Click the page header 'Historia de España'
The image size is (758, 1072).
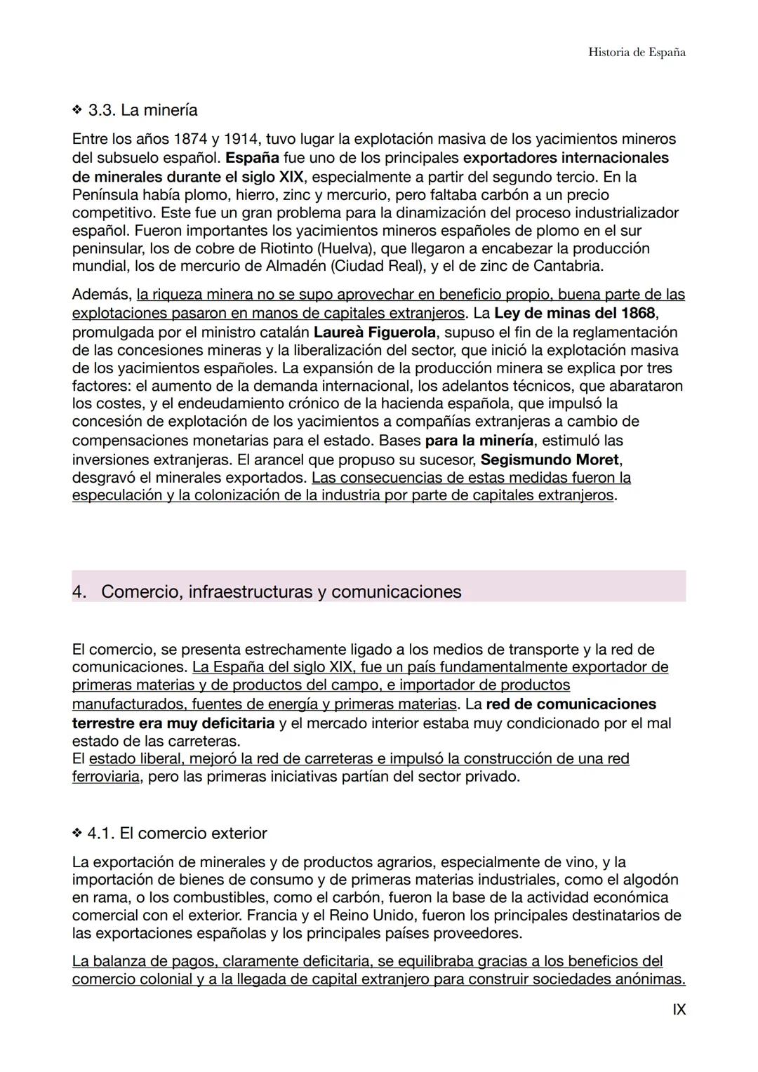point(637,53)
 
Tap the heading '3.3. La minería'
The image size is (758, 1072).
point(142,110)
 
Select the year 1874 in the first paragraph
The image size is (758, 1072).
point(189,139)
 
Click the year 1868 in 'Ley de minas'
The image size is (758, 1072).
point(637,313)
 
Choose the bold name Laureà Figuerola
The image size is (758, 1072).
point(375,332)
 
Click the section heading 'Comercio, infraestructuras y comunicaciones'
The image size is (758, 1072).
point(281,591)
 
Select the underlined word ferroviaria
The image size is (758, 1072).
point(105,777)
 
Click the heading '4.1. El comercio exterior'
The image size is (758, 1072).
point(177,833)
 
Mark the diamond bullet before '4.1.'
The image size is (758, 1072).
point(77,833)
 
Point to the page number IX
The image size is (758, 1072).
point(679,1010)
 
